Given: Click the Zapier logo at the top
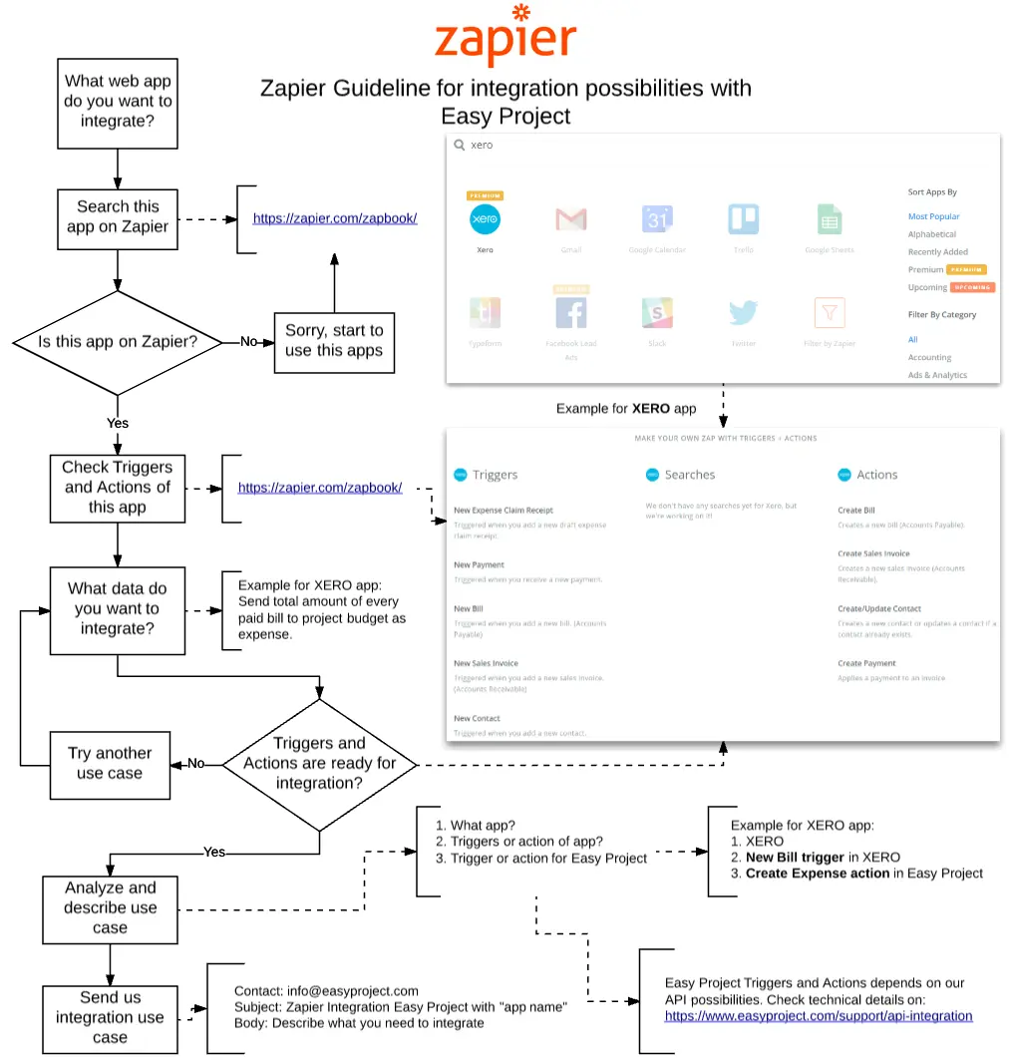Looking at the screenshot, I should pos(505,37).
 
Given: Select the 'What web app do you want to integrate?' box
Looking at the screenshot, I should pos(118,102).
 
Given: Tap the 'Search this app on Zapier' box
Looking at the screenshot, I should pos(118,217).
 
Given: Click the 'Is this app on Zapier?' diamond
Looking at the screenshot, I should pos(118,342).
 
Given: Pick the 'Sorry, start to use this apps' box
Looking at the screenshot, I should pos(334,340).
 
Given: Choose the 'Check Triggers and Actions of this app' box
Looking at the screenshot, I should pos(118,488).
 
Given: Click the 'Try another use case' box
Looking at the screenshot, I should pos(110,764).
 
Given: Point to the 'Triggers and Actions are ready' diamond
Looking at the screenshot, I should pos(320,764).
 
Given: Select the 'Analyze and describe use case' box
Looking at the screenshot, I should pos(110,908).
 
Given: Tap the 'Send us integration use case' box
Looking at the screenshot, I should pos(110,1018).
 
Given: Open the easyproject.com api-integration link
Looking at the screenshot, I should pos(819,1016).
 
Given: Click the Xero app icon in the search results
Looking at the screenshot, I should pos(485,219).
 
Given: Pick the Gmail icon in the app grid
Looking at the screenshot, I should pos(570,219).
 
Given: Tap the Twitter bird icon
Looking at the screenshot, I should pos(744,313).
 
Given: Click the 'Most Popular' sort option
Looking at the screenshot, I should pos(933,216).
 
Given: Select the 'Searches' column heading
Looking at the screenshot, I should pos(689,475).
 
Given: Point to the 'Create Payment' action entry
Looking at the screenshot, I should pos(866,663).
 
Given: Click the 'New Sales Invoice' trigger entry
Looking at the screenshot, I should pos(486,663).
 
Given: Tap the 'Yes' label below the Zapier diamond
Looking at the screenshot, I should pos(118,423).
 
